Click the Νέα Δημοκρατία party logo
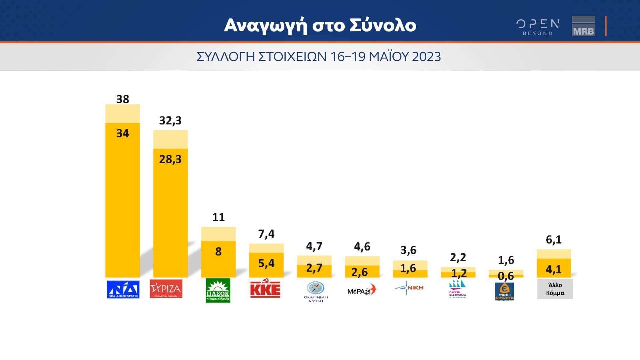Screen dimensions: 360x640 click(123, 289)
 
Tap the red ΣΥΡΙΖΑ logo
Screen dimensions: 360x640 click(166, 289)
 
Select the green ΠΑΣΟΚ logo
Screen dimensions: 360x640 click(218, 290)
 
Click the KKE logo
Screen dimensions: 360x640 click(265, 289)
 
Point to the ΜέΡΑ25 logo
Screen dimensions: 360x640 click(362, 290)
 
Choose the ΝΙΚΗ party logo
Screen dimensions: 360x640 click(409, 288)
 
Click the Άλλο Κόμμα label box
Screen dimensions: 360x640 click(555, 289)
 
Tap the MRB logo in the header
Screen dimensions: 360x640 click(583, 26)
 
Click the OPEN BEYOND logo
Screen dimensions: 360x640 click(538, 27)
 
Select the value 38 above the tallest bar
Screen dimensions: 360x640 click(123, 99)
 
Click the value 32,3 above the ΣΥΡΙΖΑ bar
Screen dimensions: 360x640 click(170, 120)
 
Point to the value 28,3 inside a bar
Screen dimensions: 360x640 click(170, 159)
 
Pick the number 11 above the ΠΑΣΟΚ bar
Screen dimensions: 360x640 click(218, 217)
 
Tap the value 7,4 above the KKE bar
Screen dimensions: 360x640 click(266, 234)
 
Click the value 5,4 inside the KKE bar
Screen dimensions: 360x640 click(266, 263)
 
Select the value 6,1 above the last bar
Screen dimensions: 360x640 click(554, 240)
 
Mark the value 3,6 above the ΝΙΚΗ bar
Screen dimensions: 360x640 click(408, 250)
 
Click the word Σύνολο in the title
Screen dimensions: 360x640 click(383, 25)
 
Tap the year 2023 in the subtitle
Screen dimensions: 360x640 click(426, 57)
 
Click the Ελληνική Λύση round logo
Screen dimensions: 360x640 click(315, 288)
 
